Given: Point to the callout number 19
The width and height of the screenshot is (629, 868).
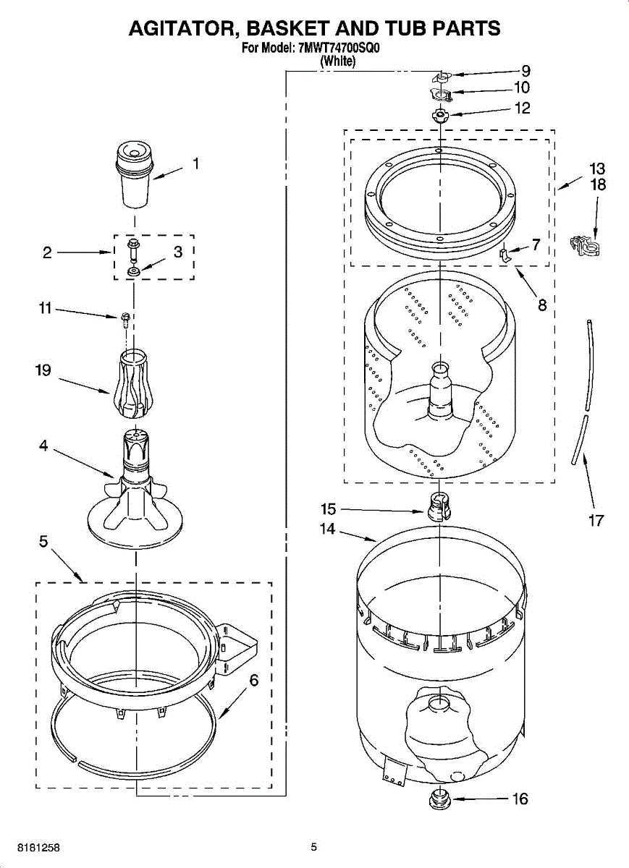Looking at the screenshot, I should click(43, 370).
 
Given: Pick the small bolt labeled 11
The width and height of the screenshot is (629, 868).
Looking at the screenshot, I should click(126, 318).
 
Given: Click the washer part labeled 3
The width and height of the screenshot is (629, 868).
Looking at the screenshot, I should click(134, 272).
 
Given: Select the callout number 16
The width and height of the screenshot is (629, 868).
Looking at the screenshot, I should click(520, 799).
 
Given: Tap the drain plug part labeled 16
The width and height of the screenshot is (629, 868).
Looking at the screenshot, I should click(437, 799).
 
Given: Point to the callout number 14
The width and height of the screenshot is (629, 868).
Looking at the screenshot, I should click(328, 529).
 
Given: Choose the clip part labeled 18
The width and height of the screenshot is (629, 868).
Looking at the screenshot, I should click(586, 246).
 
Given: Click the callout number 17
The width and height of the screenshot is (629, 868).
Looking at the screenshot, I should click(596, 520).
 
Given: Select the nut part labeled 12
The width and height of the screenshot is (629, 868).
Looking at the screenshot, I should click(439, 115).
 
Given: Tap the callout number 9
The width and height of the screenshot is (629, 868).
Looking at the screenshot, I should click(526, 71).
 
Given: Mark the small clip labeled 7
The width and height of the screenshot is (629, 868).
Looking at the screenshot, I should click(506, 253).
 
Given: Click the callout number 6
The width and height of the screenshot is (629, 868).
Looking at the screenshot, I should click(253, 681).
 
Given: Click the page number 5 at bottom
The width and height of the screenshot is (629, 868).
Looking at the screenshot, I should click(314, 847).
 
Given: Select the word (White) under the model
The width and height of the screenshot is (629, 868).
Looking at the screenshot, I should click(338, 61).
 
